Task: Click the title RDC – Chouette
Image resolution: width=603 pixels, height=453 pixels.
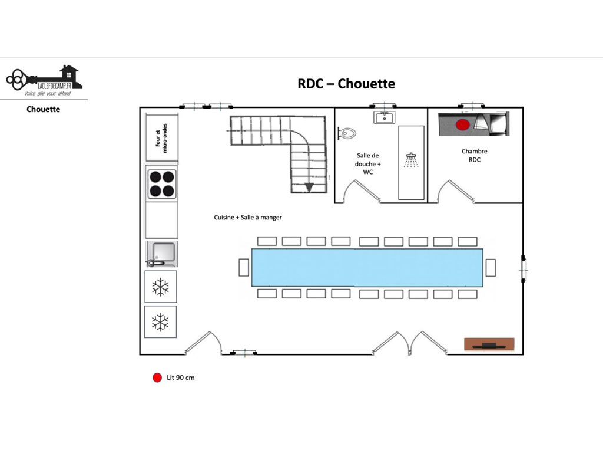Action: [346, 84]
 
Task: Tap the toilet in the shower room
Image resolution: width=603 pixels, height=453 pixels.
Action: [347, 133]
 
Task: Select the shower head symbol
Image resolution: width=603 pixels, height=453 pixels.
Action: [411, 160]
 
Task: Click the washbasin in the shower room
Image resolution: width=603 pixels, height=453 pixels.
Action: [384, 117]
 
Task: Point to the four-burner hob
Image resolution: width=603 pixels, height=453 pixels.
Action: [161, 184]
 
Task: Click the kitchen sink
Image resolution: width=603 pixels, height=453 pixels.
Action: [162, 254]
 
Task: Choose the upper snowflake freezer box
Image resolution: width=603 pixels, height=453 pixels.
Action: [160, 287]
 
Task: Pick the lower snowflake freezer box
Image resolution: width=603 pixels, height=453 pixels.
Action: [160, 322]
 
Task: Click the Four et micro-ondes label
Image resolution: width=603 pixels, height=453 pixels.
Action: [161, 138]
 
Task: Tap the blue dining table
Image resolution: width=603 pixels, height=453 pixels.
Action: [367, 267]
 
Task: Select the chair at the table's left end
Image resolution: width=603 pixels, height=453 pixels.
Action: [244, 267]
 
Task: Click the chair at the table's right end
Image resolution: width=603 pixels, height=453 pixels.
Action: [491, 267]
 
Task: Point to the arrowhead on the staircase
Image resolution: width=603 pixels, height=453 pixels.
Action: [309, 188]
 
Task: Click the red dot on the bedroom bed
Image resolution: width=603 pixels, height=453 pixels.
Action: [463, 125]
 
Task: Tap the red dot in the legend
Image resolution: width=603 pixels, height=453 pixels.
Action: [157, 377]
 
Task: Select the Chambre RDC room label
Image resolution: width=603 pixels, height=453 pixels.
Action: [475, 155]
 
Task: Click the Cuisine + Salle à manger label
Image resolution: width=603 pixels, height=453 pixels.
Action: [248, 217]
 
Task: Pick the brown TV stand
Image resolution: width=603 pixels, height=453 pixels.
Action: [489, 344]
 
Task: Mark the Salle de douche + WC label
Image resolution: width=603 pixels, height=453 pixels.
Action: [367, 164]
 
